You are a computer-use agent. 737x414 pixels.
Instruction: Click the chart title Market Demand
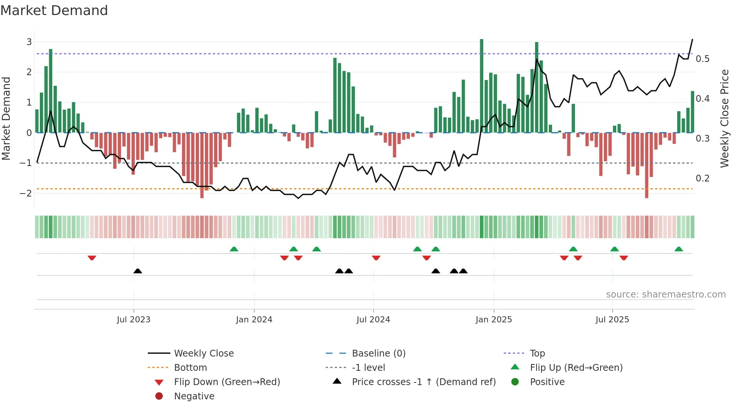click(54, 11)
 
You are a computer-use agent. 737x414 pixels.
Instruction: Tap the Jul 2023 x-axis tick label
click(133, 320)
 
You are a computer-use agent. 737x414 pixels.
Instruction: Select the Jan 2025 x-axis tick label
click(493, 320)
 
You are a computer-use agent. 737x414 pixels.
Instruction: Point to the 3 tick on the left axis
click(29, 42)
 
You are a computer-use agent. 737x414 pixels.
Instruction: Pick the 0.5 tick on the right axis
click(702, 59)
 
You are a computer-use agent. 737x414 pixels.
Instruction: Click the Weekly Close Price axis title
click(724, 118)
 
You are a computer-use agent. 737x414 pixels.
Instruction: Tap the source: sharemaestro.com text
click(666, 294)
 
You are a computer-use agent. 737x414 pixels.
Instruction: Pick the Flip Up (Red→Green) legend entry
click(576, 367)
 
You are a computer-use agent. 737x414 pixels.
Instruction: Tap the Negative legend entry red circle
click(159, 396)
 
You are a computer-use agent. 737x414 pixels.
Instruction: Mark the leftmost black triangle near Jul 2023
click(138, 271)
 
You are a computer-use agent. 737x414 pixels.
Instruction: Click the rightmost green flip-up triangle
click(678, 249)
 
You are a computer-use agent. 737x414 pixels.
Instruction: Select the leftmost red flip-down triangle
click(92, 258)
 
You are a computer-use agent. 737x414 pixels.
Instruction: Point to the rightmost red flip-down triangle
click(623, 258)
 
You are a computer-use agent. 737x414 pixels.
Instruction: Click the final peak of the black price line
click(692, 39)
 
